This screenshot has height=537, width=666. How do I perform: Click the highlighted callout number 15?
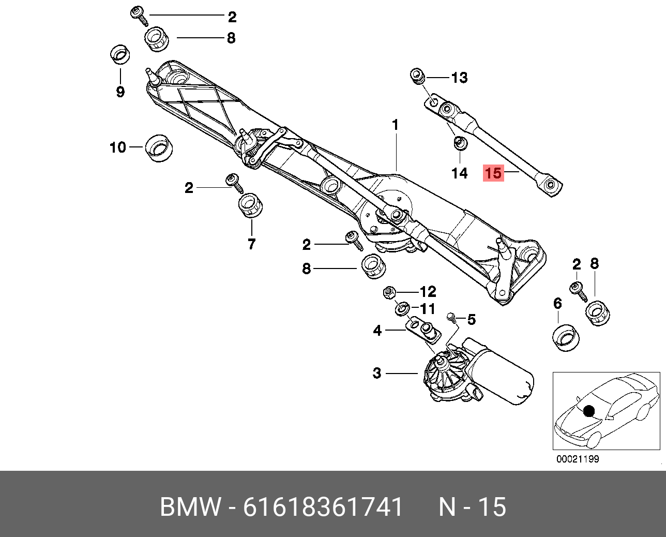click(493, 173)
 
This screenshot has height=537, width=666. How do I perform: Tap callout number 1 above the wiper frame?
click(395, 125)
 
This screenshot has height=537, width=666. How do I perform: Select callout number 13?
click(459, 78)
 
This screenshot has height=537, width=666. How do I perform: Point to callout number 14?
click(459, 173)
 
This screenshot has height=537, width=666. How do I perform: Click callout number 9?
click(120, 92)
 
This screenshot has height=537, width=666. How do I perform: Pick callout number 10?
click(118, 147)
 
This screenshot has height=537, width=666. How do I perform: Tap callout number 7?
click(251, 244)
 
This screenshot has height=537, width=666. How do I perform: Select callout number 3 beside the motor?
click(377, 373)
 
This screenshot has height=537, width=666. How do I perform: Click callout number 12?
click(428, 292)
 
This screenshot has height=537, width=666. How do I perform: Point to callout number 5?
click(471, 320)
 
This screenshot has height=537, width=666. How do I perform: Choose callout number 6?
click(557, 303)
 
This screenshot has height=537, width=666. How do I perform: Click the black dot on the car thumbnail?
click(588, 411)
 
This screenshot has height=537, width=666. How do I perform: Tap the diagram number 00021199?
click(578, 459)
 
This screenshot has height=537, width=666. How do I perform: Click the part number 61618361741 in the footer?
click(323, 507)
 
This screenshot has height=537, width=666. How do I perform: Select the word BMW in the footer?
click(190, 507)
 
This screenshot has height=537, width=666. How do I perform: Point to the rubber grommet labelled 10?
click(157, 148)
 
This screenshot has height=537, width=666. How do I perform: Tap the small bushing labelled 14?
click(459, 143)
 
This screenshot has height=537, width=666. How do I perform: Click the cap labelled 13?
click(417, 77)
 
